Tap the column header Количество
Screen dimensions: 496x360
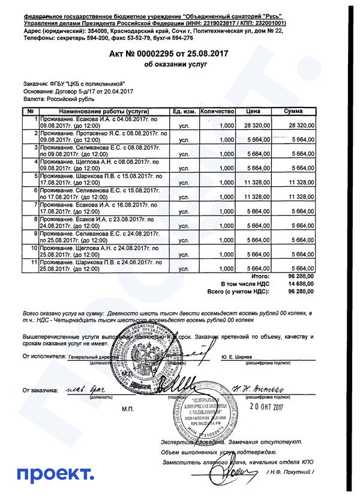pos(216,112)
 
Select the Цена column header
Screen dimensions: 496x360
pos(253,112)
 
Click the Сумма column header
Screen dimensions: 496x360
pos(293,112)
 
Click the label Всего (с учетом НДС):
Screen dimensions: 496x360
pos(238,291)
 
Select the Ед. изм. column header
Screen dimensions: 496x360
pos(184,112)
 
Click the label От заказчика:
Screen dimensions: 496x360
pos(40,391)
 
